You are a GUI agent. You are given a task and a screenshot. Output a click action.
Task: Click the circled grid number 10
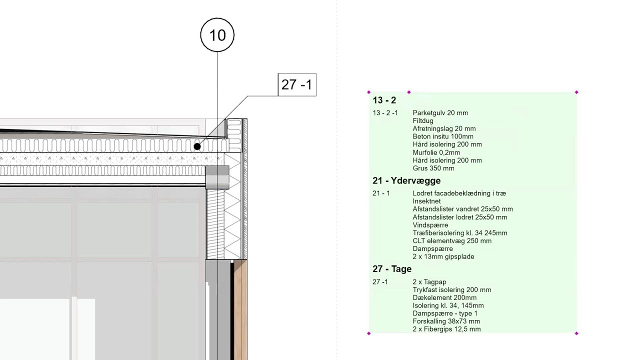[x=217, y=35]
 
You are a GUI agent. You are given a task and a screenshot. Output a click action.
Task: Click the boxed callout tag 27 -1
[x=296, y=84]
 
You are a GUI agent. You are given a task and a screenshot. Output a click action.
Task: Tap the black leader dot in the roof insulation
[x=197, y=146]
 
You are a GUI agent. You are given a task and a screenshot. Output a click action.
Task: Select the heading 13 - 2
[x=384, y=100]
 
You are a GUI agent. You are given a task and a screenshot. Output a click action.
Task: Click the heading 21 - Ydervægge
[x=406, y=180]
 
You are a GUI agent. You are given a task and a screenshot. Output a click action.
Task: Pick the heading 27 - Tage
[x=391, y=269]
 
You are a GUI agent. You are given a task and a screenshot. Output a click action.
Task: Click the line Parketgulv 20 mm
[x=440, y=113]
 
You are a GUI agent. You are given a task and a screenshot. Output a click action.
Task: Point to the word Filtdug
[x=423, y=121]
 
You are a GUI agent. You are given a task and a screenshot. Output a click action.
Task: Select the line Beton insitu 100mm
[x=443, y=136]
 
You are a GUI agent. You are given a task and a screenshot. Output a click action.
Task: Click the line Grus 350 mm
[x=433, y=168]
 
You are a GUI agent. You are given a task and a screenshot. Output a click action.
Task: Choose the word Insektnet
[x=427, y=201]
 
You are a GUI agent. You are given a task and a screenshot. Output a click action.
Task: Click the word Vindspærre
[x=430, y=225]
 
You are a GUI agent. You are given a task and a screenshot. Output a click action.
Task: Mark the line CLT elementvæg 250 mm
[x=452, y=241]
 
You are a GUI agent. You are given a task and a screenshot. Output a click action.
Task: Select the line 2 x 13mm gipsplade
[x=443, y=256]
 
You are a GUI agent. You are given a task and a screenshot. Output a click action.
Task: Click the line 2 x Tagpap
[x=430, y=282]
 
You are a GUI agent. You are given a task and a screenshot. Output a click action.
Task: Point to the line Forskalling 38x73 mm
[x=446, y=321]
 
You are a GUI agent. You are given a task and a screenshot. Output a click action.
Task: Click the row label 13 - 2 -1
[x=385, y=113]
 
